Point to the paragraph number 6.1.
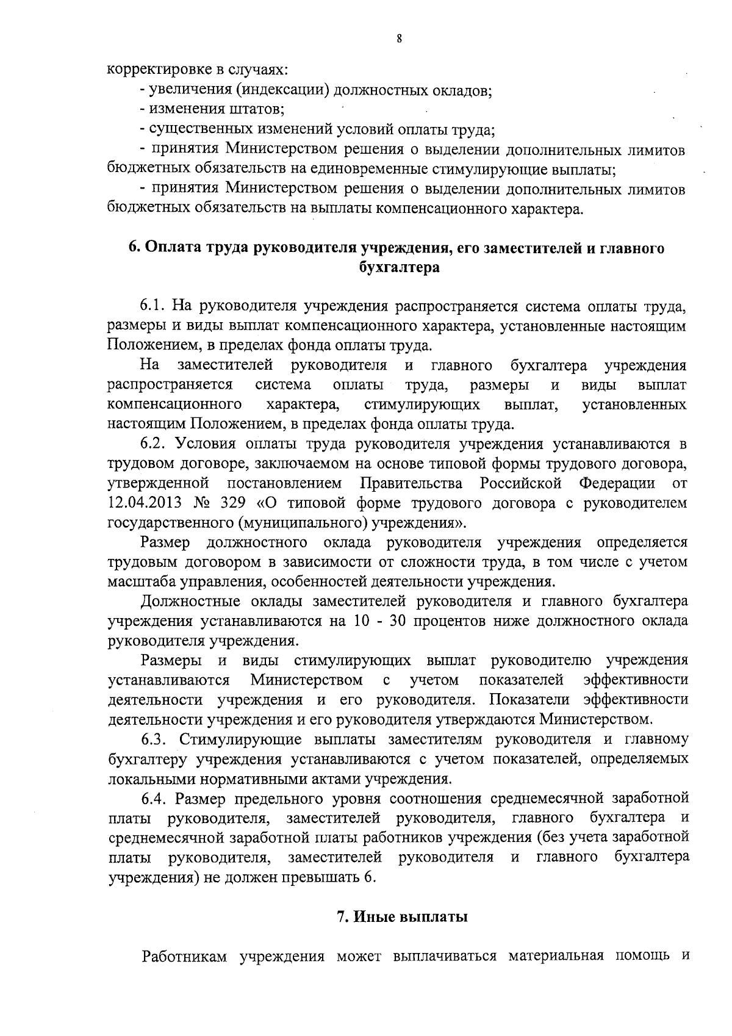[x=155, y=305]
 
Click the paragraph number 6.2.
[x=155, y=444]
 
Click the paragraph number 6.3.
[x=155, y=739]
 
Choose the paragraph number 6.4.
[x=155, y=798]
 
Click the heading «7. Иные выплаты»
[x=402, y=917]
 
